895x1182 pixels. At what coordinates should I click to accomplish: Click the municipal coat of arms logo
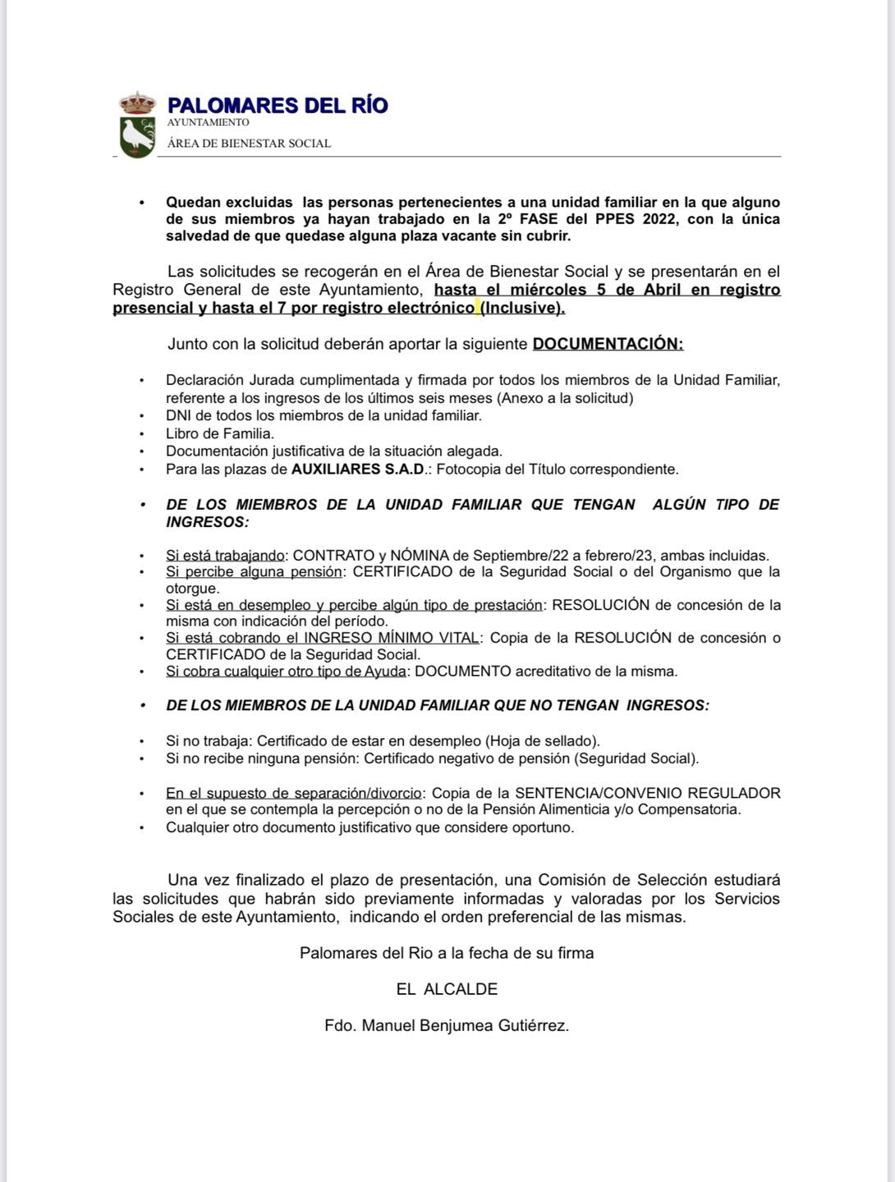[137, 126]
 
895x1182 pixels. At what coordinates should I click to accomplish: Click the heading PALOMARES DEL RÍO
[278, 105]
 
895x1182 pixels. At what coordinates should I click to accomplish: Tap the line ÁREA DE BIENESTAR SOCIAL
[249, 143]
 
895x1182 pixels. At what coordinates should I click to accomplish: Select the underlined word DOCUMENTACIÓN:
[608, 344]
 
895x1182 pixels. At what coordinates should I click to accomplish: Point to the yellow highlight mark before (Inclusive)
[478, 308]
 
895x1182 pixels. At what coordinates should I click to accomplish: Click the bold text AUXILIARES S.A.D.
[359, 470]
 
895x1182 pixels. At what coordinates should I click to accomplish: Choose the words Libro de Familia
[220, 433]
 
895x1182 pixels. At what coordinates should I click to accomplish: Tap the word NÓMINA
[420, 555]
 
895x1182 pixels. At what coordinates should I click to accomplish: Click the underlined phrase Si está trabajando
[225, 555]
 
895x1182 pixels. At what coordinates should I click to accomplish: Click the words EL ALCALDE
[447, 989]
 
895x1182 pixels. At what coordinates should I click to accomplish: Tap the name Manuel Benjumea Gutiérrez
[466, 1025]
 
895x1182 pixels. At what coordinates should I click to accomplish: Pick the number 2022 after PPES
[659, 219]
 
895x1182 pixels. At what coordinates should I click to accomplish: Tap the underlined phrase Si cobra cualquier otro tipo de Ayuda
[286, 671]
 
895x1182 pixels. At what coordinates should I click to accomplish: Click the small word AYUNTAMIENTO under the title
[208, 122]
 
